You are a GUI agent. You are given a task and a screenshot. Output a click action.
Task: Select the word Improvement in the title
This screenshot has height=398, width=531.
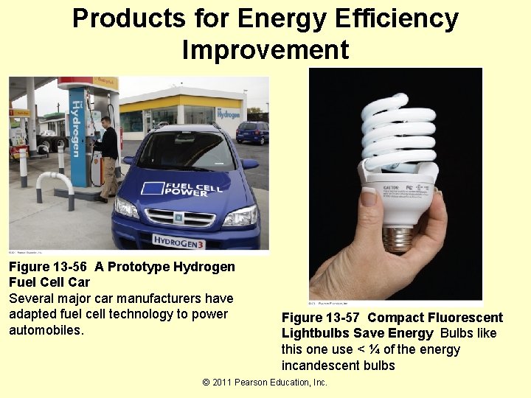(265, 49)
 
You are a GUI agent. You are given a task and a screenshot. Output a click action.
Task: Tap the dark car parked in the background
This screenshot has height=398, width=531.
(252, 132)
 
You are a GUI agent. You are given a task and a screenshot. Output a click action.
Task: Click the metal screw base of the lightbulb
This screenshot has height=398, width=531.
(398, 238)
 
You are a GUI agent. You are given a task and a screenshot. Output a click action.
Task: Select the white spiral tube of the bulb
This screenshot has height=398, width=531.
(398, 133)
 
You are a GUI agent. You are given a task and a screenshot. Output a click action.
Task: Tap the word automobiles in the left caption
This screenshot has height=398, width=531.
(47, 329)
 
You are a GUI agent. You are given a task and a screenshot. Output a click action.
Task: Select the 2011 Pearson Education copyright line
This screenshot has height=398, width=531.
(265, 382)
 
